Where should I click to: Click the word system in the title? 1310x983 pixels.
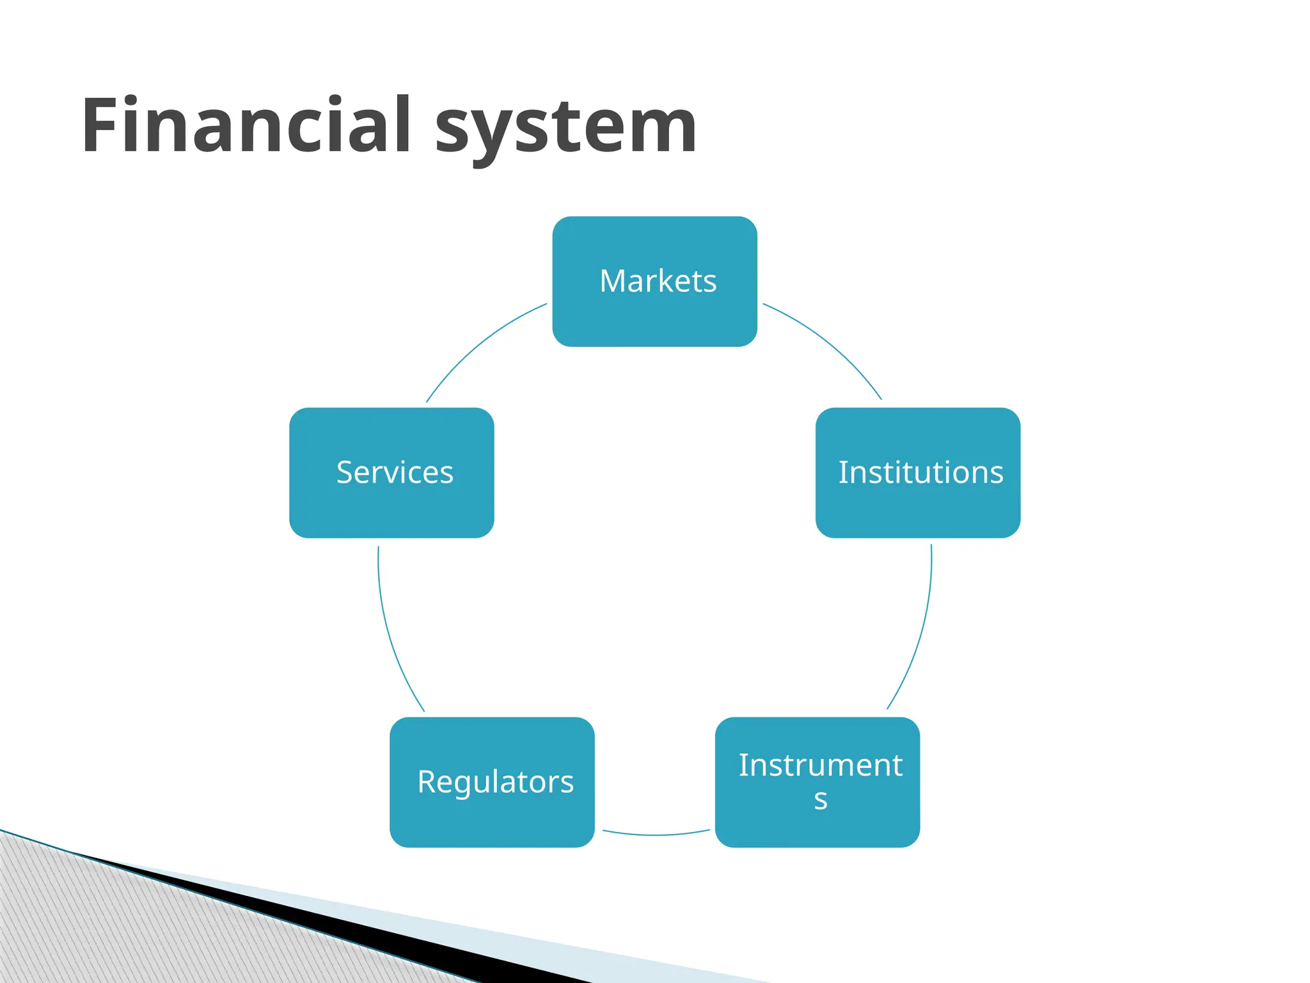[x=565, y=128]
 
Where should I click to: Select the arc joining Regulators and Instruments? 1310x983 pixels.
[x=656, y=835]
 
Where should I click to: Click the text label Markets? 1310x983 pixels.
[x=658, y=281]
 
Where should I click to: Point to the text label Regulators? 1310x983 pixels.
[x=495, y=782]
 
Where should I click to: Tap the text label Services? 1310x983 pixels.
[x=395, y=472]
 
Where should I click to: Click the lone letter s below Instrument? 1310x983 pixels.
[x=821, y=800]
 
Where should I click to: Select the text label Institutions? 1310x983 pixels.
[x=920, y=472]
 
